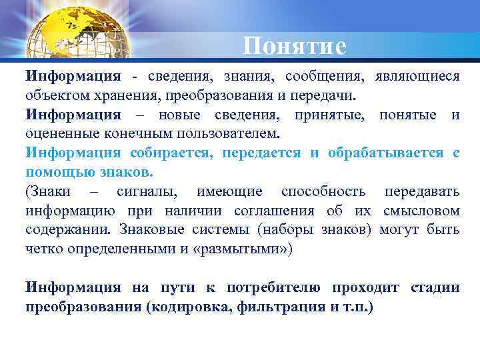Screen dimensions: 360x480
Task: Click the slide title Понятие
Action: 295,47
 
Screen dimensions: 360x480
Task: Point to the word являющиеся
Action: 417,77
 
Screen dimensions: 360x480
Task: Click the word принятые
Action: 331,115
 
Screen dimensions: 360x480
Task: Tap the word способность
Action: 323,192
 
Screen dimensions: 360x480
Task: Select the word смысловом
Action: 421,211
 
